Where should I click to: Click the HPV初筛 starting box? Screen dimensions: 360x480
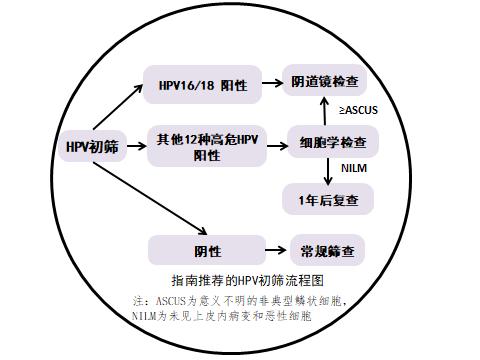coord(86,147)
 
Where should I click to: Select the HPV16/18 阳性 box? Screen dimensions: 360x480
coord(203,87)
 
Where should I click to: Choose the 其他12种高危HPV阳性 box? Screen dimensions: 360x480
coord(208,146)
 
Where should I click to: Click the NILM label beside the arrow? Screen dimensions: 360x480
coord(354,169)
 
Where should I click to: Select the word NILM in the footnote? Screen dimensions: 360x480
coord(145,315)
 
